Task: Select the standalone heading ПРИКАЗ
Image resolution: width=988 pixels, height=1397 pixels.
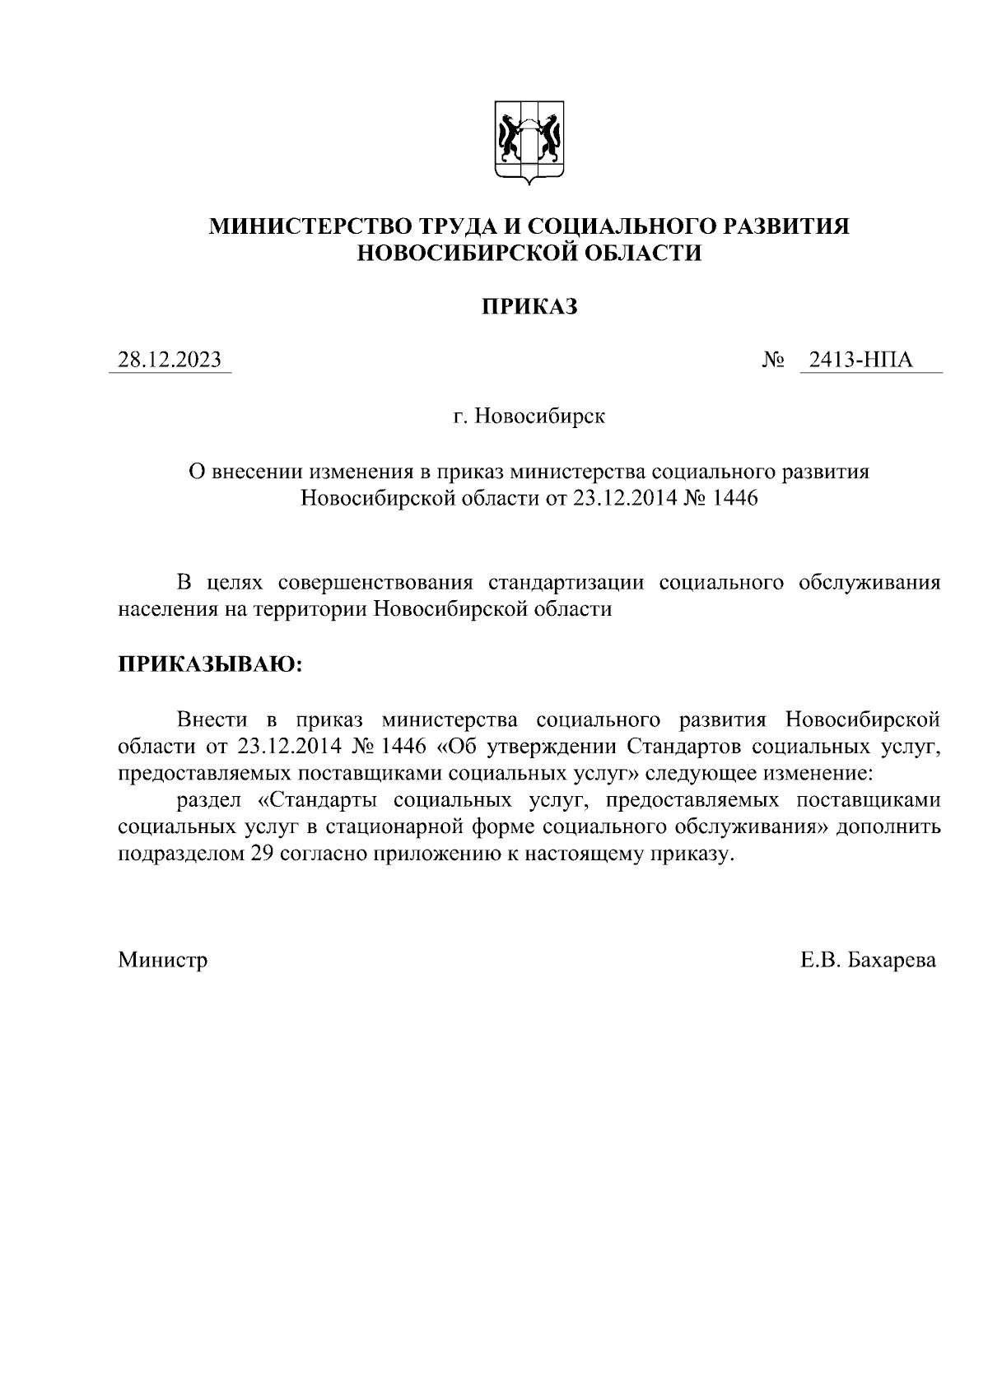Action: tap(529, 307)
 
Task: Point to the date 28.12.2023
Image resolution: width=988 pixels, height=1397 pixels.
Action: tap(170, 360)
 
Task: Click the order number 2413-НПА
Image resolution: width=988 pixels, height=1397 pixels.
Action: tap(861, 360)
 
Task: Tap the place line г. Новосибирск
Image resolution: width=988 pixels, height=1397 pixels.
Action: tap(529, 417)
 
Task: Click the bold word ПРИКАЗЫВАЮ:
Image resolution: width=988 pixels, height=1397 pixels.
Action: tap(211, 664)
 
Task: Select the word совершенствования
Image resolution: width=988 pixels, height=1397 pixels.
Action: tap(375, 583)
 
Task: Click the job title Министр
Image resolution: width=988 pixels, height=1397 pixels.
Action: tap(163, 960)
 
